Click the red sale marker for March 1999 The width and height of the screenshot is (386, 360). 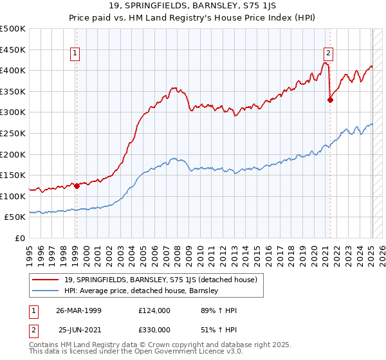tap(77, 186)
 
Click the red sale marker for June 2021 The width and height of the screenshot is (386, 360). tap(330, 100)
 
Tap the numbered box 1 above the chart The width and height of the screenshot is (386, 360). tap(75, 53)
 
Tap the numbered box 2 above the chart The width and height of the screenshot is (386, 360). tap(328, 53)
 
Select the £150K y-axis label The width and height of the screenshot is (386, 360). tap(13, 175)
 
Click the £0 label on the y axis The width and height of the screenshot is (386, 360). tap(19, 239)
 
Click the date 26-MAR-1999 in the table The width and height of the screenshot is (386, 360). tap(79, 310)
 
